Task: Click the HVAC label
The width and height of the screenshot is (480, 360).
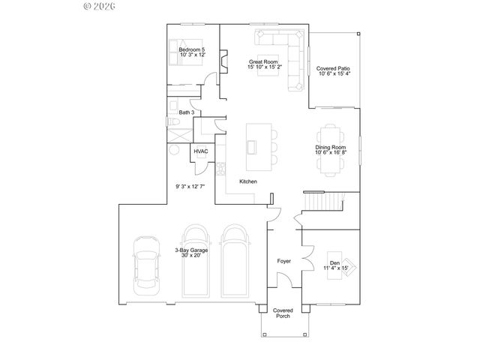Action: [200, 151]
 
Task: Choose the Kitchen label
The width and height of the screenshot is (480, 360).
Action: [248, 182]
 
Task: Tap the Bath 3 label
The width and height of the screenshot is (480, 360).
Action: [186, 112]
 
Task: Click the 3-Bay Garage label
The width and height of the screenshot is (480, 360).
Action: [191, 252]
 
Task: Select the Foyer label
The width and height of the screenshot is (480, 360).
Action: [283, 261]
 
